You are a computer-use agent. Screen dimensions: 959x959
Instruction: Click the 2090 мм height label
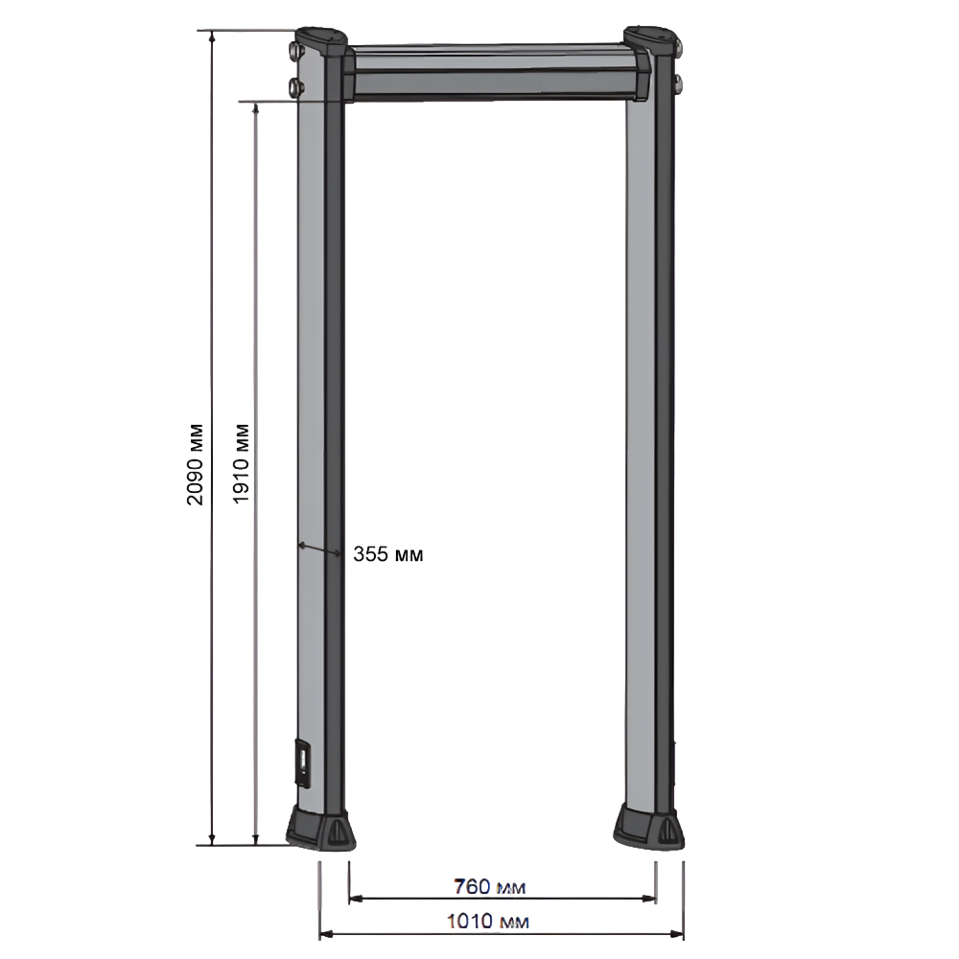click(x=195, y=463)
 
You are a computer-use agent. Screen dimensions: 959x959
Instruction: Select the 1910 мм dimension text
click(x=242, y=463)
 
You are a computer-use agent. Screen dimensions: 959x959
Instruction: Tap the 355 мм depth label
click(x=387, y=554)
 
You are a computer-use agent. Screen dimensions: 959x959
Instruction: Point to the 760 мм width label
click(x=489, y=886)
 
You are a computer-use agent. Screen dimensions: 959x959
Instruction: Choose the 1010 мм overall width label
click(x=488, y=921)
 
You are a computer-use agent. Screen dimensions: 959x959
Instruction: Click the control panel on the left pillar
click(x=303, y=762)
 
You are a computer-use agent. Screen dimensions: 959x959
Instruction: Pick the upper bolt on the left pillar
click(x=294, y=52)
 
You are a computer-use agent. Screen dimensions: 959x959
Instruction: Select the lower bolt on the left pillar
click(x=294, y=86)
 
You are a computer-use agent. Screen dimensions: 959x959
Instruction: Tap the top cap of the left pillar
click(x=321, y=41)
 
